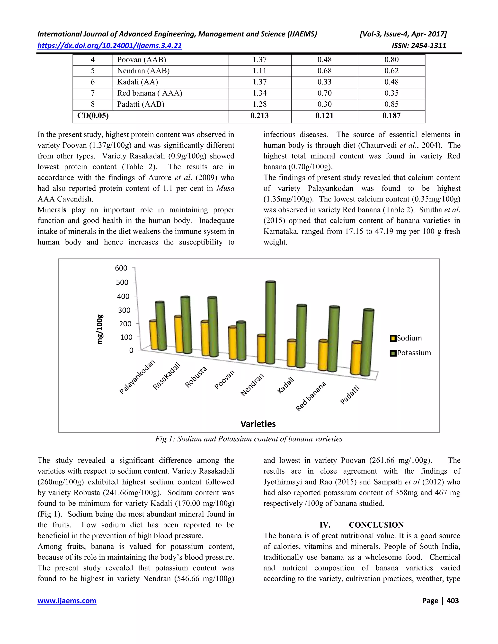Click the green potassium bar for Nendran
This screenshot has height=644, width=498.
point(270,323)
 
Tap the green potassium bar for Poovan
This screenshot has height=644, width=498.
point(241,340)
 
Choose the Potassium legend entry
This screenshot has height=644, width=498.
point(410,353)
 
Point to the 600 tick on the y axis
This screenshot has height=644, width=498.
point(121,268)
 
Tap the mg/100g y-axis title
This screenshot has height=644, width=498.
point(100,329)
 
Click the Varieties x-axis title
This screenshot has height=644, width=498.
point(258,424)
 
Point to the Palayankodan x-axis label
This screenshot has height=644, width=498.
point(137,377)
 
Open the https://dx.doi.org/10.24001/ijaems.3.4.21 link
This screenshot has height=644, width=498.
point(109,46)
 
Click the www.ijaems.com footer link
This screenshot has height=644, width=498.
point(67,601)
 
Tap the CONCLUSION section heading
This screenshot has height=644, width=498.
point(376,525)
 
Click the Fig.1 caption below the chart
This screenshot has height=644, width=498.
point(249,439)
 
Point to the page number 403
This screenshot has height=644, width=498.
point(453,601)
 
